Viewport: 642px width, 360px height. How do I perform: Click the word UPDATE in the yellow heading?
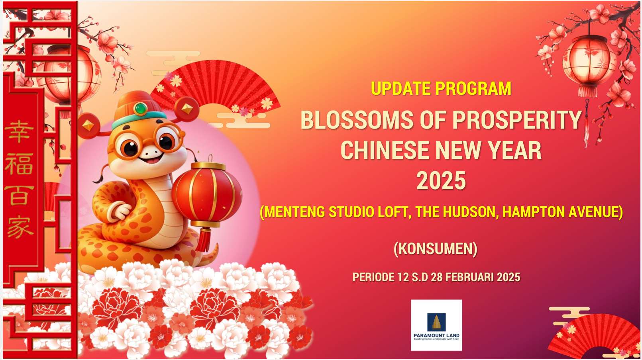pyautogui.click(x=401, y=88)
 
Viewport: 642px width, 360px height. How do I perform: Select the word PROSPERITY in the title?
pyautogui.click(x=517, y=120)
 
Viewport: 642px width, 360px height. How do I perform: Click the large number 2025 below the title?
pyautogui.click(x=441, y=180)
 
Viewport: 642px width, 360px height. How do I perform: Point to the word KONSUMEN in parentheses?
pyautogui.click(x=436, y=248)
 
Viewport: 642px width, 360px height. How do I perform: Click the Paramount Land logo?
pyautogui.click(x=436, y=325)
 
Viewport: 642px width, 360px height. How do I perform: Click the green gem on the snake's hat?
pyautogui.click(x=140, y=109)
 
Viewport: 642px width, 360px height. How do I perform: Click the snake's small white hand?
pyautogui.click(x=120, y=210)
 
